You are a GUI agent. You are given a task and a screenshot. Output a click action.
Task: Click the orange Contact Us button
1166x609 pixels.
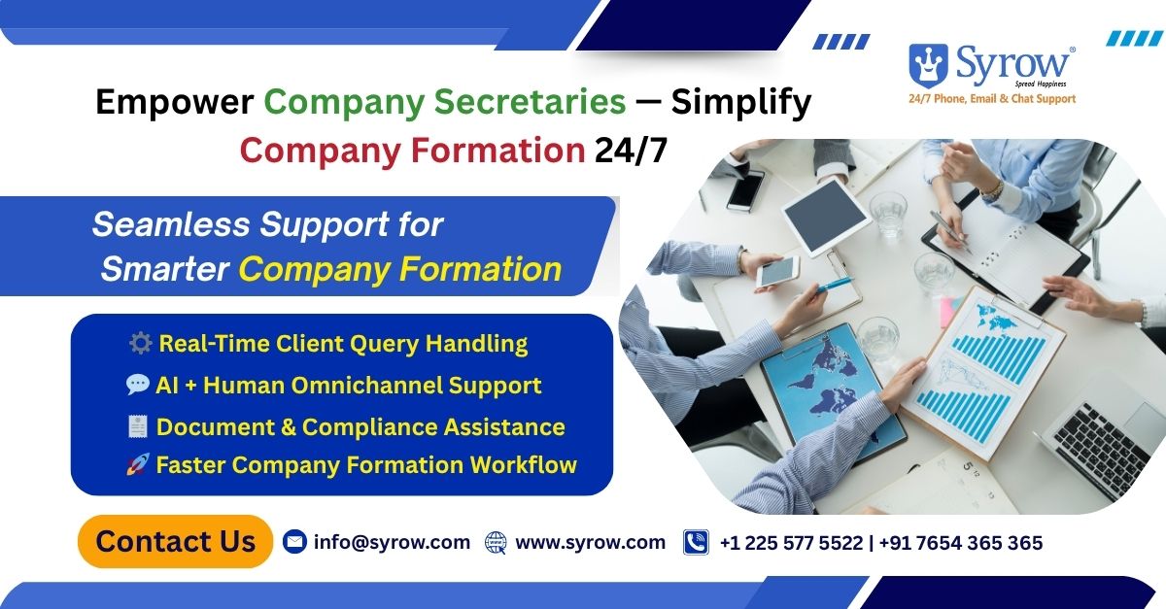click(x=176, y=541)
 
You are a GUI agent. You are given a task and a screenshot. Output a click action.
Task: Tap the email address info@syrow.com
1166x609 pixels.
click(x=392, y=542)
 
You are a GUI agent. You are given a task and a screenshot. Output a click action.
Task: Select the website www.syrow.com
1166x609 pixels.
click(x=591, y=542)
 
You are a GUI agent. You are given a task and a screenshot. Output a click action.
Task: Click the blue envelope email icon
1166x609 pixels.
click(x=294, y=542)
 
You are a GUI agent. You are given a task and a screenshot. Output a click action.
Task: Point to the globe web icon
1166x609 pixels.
click(x=496, y=542)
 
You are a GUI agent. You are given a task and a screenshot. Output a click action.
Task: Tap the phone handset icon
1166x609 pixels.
click(x=696, y=542)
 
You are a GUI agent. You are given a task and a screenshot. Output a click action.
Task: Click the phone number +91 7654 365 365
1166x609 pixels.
click(x=961, y=543)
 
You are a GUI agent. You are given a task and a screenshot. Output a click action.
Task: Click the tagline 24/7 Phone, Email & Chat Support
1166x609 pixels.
click(x=992, y=98)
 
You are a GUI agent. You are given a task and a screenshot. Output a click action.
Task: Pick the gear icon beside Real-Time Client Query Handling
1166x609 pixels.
click(x=141, y=344)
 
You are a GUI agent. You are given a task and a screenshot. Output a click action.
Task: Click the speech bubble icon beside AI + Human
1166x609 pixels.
click(x=137, y=385)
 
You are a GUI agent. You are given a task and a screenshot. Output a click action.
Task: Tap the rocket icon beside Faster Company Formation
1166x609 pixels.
click(x=138, y=464)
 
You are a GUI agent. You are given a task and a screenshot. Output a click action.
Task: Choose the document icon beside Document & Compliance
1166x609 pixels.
click(x=138, y=426)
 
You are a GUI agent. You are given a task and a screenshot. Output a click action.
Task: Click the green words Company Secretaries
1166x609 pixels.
click(x=445, y=102)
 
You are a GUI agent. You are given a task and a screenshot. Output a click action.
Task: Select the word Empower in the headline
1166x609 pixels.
click(x=175, y=102)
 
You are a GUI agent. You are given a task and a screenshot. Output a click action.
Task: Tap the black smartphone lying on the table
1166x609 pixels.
click(x=746, y=190)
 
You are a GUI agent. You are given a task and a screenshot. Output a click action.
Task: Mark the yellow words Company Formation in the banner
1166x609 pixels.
click(x=400, y=269)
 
